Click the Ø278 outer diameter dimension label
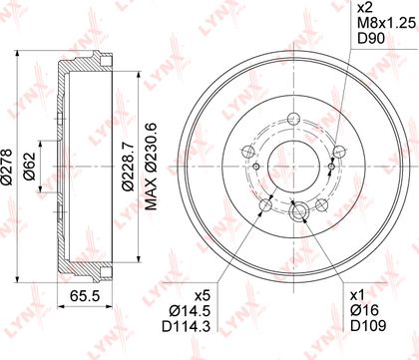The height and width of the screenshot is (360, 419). click(6, 167)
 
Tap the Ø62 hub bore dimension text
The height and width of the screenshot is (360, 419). click(29, 167)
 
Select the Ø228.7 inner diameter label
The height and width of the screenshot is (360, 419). click(128, 167)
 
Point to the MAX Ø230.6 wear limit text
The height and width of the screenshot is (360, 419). click(151, 167)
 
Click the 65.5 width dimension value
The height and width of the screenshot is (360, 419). click(85, 295)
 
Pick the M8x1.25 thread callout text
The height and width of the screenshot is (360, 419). click(387, 24)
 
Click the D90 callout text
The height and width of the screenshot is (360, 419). click(371, 39)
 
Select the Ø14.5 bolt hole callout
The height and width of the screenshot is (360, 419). click(190, 311)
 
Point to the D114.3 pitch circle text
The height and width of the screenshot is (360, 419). click(187, 326)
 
